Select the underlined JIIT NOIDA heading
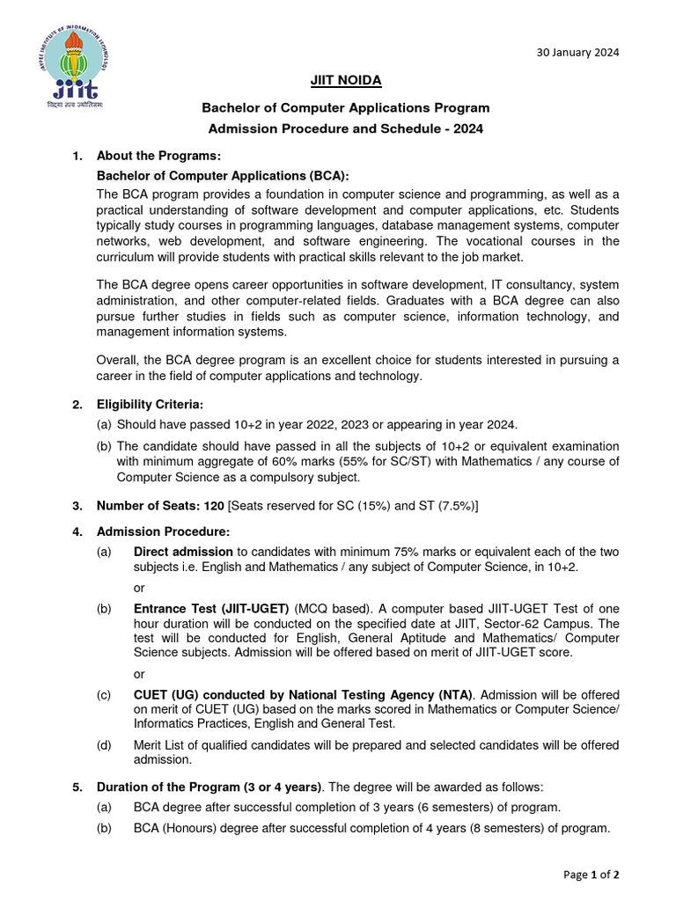tap(345, 81)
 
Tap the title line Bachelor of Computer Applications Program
tap(345, 108)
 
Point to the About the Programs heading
tap(158, 156)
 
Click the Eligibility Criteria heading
tap(150, 405)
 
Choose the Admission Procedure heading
tap(163, 531)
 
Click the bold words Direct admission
tap(183, 553)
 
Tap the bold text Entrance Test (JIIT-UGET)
tap(212, 608)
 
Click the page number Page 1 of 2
tap(591, 875)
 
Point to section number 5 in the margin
tap(77, 787)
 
